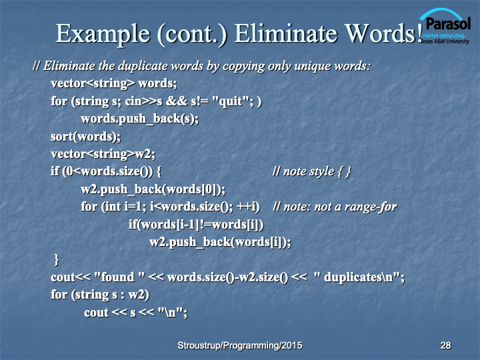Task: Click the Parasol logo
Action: [x=445, y=27]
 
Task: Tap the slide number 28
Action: [x=445, y=345]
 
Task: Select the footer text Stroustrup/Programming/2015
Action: [x=240, y=345]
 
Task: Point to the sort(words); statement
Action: [x=86, y=137]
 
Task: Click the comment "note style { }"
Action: [x=312, y=171]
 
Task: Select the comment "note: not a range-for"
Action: [x=335, y=207]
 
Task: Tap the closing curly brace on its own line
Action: [x=56, y=259]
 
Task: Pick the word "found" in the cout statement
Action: [x=117, y=277]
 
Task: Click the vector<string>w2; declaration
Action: [x=103, y=154]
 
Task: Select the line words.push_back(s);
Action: [x=139, y=119]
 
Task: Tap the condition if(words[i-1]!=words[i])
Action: [x=196, y=225]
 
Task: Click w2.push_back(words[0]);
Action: [x=153, y=189]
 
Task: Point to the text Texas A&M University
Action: [x=445, y=41]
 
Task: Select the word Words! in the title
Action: [x=384, y=33]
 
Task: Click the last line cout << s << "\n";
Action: [x=135, y=313]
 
